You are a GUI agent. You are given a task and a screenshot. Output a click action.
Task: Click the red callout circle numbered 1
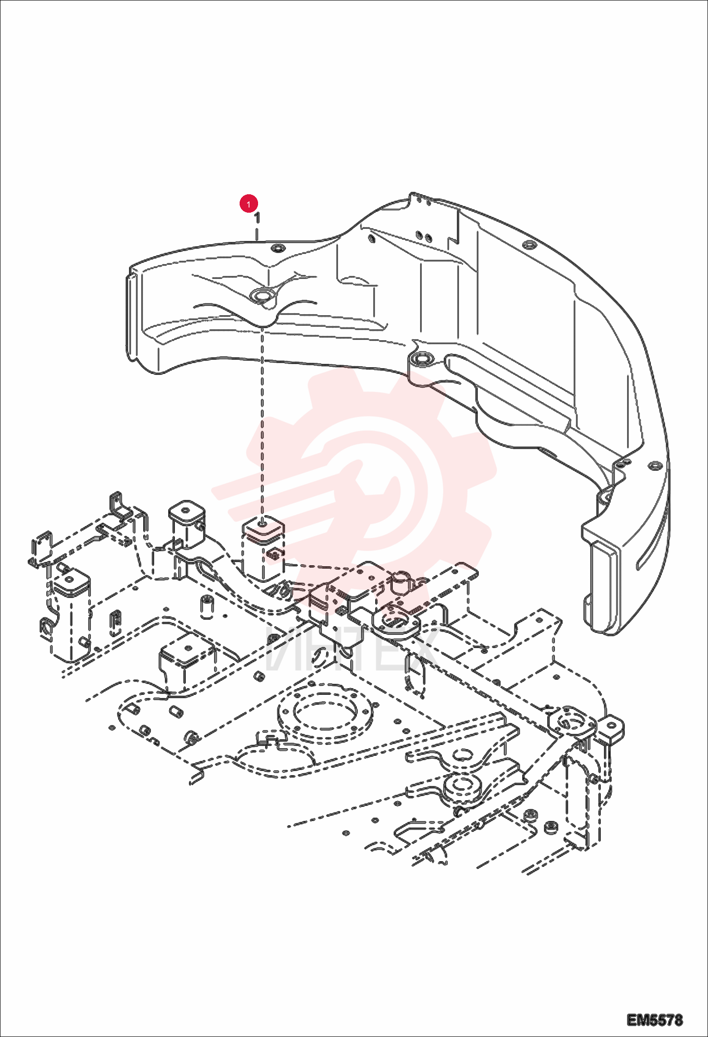click(x=249, y=204)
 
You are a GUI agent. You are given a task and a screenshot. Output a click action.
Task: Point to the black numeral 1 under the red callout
click(x=257, y=218)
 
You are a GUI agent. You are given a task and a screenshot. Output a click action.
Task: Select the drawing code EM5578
click(x=655, y=1020)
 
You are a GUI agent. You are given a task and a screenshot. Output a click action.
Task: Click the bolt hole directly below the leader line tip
click(x=277, y=248)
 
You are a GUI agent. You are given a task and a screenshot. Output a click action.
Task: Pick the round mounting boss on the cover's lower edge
click(x=421, y=360)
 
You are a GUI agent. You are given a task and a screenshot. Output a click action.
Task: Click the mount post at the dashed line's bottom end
click(x=263, y=548)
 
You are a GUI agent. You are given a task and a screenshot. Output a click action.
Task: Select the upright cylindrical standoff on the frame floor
click(x=206, y=607)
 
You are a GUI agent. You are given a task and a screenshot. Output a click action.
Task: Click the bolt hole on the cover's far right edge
click(x=654, y=466)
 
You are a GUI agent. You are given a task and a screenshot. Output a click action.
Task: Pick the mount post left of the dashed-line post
click(x=187, y=525)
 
